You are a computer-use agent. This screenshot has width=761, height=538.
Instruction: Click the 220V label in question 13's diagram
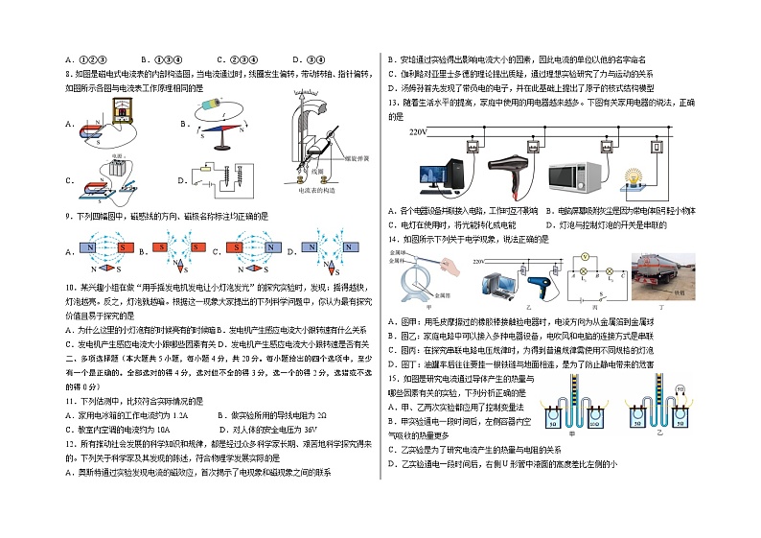click(419, 131)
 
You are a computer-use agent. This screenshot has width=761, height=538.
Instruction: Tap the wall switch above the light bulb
click(655, 147)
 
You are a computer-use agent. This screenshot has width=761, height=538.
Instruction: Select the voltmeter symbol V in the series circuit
click(585, 258)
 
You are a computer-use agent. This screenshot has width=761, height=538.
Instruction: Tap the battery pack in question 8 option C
click(121, 166)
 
